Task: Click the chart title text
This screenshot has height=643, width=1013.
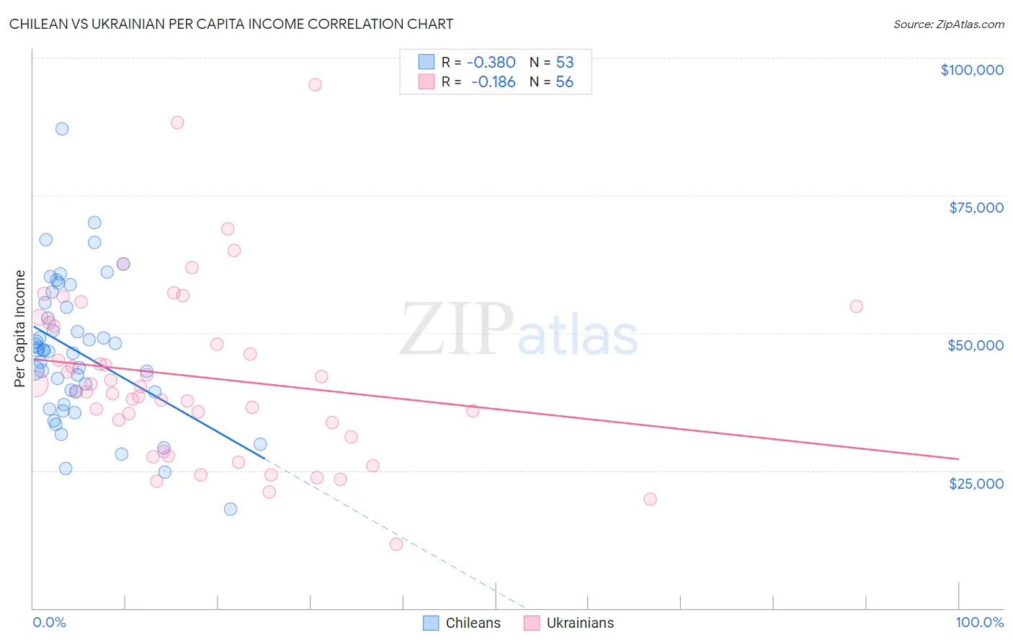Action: (231, 24)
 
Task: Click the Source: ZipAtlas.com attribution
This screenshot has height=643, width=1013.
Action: (948, 25)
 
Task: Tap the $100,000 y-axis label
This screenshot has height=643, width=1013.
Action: (972, 70)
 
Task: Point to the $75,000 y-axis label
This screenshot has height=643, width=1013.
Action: (976, 208)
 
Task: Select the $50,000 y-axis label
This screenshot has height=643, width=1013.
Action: (976, 345)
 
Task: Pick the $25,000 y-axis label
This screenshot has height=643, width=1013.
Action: (976, 483)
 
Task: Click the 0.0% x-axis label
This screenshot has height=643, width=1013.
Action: (49, 622)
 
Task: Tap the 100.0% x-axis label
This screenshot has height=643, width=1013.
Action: (979, 622)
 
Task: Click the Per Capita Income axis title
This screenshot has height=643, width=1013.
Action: (20, 329)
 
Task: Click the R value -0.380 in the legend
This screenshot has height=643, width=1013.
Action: (491, 62)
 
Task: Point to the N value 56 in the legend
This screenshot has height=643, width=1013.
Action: (564, 82)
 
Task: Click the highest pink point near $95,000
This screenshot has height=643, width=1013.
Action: (315, 84)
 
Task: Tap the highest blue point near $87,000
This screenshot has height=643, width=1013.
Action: (62, 129)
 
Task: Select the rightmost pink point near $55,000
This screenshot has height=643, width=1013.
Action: (856, 306)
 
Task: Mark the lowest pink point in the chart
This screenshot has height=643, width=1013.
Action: (396, 544)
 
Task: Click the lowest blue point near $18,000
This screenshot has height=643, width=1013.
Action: (231, 509)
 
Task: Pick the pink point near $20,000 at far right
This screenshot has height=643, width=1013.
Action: (650, 499)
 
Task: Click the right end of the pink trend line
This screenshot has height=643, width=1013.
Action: (958, 458)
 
